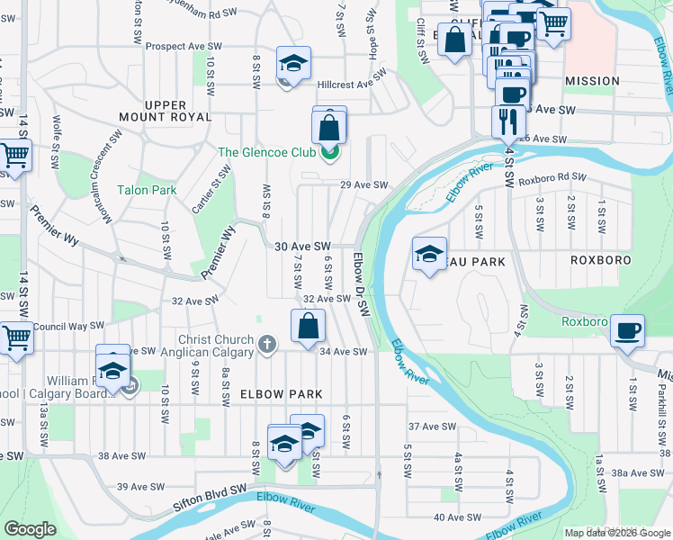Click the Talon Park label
(x=147, y=190)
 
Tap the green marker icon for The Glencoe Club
(x=330, y=151)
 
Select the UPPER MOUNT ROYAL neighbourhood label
(x=166, y=112)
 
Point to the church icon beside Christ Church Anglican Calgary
(x=266, y=345)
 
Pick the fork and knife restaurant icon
(x=508, y=121)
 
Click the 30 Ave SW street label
(x=302, y=246)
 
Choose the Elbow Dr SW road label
(x=362, y=284)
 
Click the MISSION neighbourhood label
(x=592, y=81)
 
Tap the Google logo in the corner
(x=31, y=529)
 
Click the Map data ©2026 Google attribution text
(x=617, y=533)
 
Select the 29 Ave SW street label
(x=363, y=185)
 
